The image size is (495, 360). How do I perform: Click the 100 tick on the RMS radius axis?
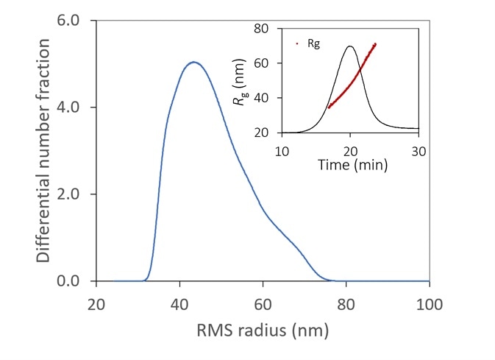429,303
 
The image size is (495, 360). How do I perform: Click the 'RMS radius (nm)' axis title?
263,331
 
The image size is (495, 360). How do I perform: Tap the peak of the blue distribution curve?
193,63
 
